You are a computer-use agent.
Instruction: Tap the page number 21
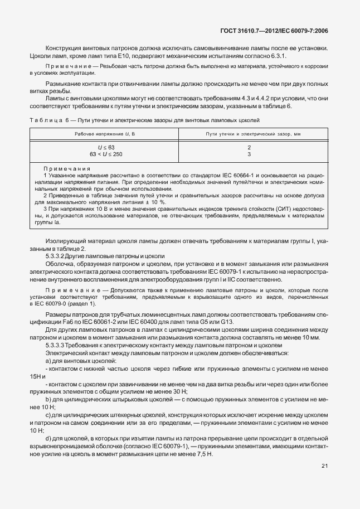pos(325,466)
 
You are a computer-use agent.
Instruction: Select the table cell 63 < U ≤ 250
pos(106,154)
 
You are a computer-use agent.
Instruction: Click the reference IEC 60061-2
pos(105,323)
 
